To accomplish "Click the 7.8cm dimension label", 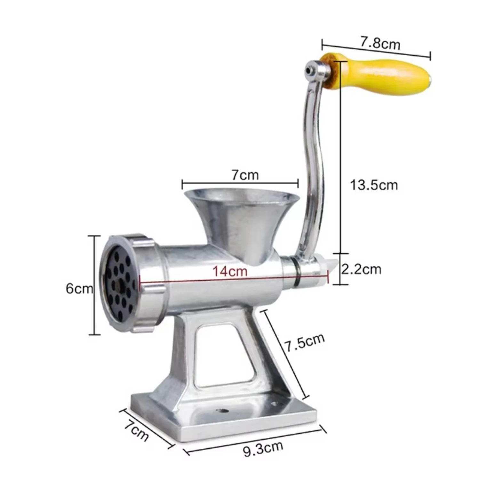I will [x=380, y=43].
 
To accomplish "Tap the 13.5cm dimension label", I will [x=374, y=185].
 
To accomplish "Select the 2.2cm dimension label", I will [x=361, y=269].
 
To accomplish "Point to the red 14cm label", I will [x=230, y=271].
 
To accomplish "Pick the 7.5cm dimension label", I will [x=304, y=342].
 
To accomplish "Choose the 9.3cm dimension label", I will [x=263, y=449].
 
